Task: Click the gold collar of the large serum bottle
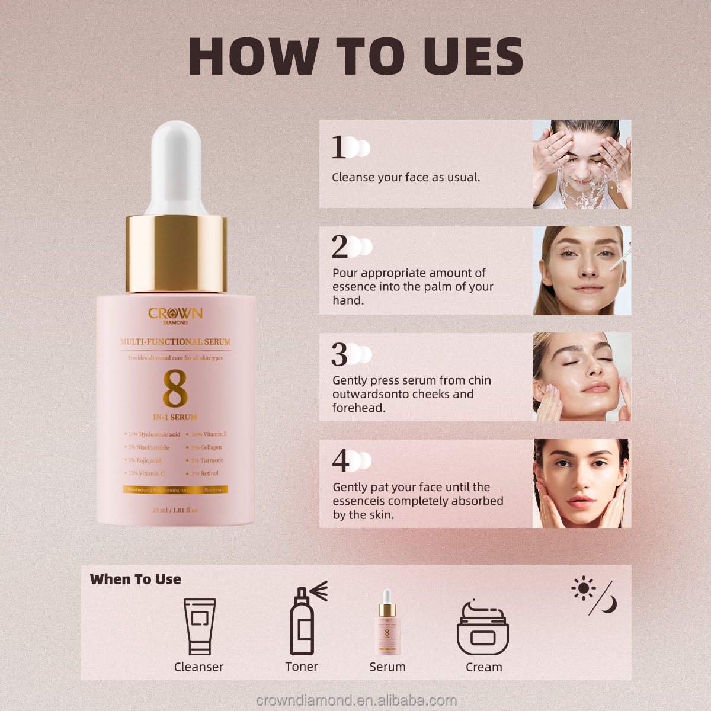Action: click(x=176, y=254)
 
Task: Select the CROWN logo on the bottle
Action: click(x=175, y=314)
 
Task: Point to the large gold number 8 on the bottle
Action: click(x=175, y=389)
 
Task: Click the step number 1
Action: click(x=338, y=147)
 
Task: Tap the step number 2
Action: click(x=340, y=246)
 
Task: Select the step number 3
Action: click(x=339, y=354)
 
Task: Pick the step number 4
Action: click(x=340, y=460)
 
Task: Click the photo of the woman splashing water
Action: click(x=581, y=164)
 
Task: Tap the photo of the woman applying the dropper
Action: click(x=581, y=271)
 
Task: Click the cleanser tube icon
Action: click(x=199, y=626)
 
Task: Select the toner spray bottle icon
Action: click(x=303, y=620)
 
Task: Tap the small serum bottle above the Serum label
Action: click(x=387, y=623)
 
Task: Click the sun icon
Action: click(x=583, y=588)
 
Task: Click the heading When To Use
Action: click(x=136, y=579)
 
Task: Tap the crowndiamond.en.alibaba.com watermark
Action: click(x=356, y=700)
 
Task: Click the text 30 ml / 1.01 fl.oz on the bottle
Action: click(x=175, y=510)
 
